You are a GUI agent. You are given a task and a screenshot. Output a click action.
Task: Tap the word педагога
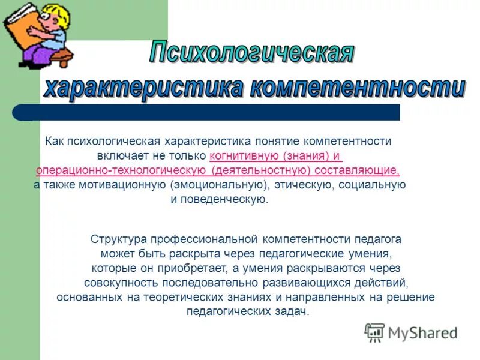377,239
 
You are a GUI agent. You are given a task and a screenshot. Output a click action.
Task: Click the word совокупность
119,283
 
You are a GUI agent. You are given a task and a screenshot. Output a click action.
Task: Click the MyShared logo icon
374,332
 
